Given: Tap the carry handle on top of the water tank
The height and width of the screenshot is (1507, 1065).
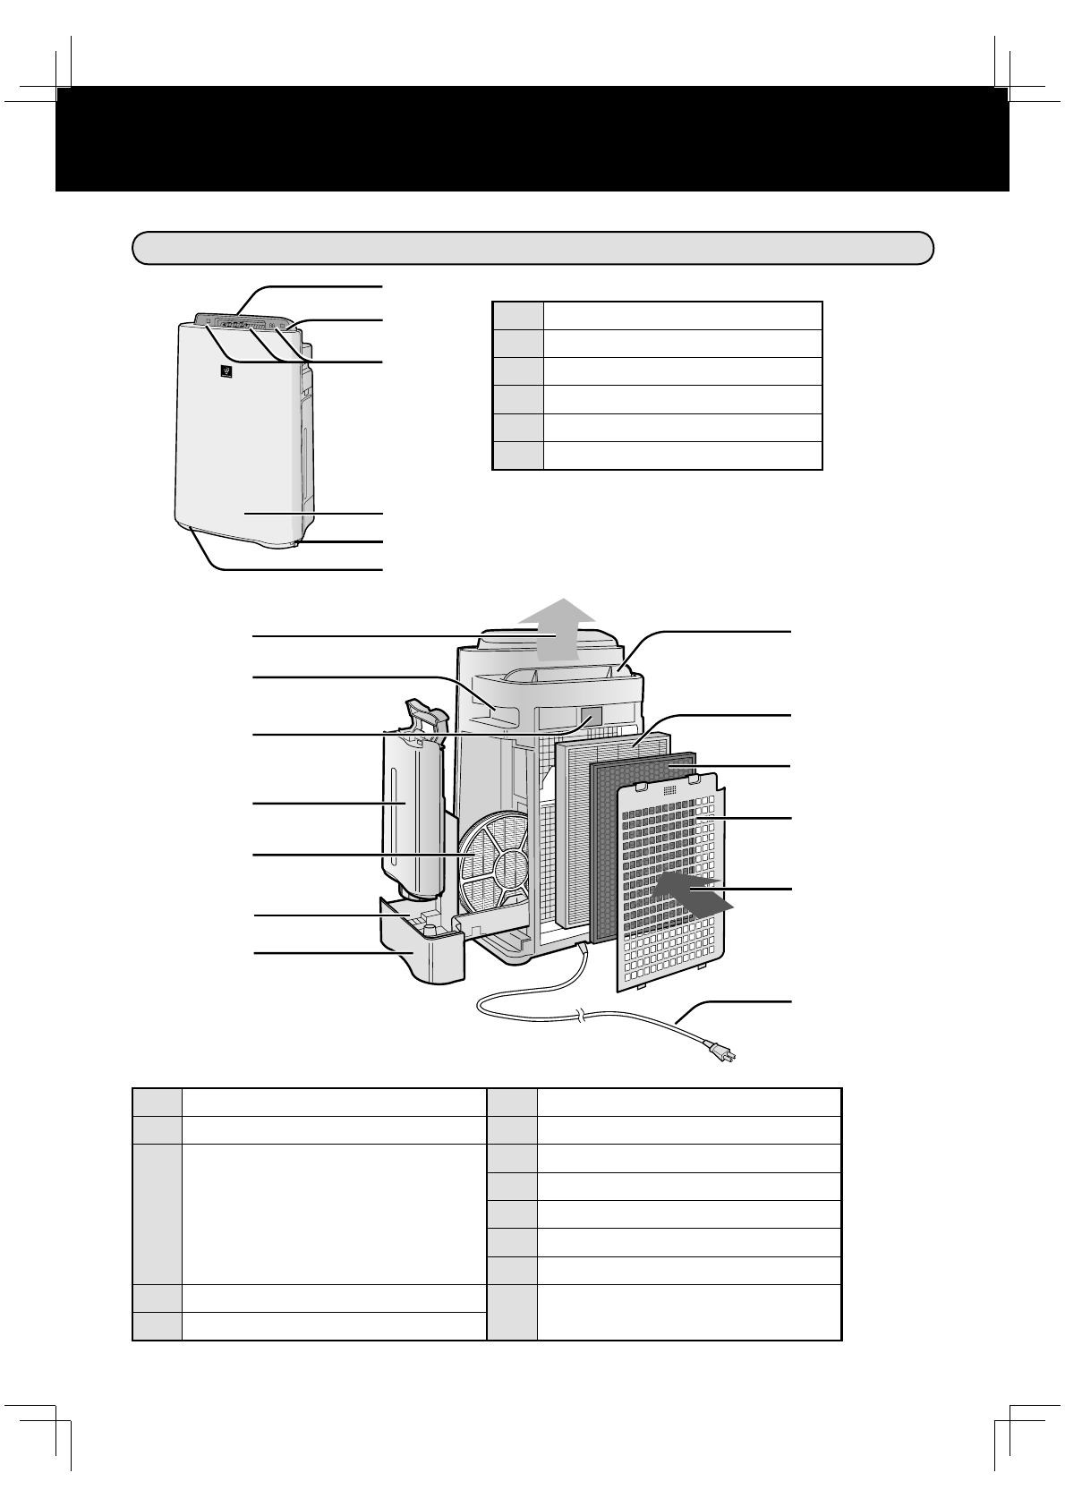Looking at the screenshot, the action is (x=425, y=716).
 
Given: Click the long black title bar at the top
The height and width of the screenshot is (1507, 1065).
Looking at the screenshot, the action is (x=532, y=139).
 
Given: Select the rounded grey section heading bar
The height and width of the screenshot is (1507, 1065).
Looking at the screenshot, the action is (x=532, y=248).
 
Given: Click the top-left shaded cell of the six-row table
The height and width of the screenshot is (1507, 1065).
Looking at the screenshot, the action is (x=518, y=316).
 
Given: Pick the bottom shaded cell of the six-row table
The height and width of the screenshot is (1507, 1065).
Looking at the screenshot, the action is (x=518, y=456).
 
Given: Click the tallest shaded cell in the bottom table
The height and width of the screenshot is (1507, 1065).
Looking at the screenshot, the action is (x=158, y=1213).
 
